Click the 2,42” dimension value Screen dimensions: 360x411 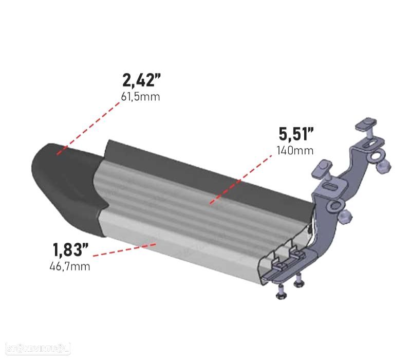pos(140,81)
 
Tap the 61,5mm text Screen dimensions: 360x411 pos(140,97)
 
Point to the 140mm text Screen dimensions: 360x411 pos(295,150)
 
